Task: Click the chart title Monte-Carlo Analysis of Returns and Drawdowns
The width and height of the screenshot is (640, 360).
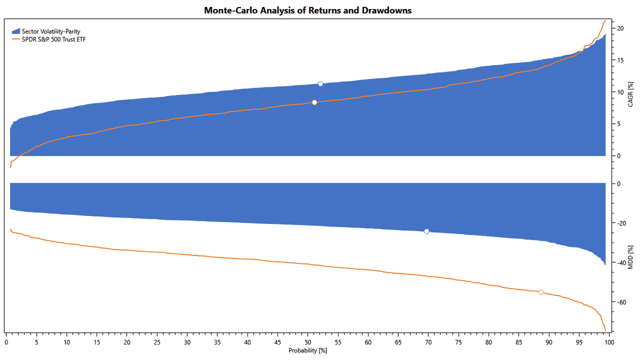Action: tap(308, 10)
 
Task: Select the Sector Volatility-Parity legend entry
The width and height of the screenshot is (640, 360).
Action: tap(51, 31)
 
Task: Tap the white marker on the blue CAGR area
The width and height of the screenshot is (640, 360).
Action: tap(320, 84)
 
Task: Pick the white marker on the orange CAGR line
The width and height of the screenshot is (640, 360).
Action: tap(314, 102)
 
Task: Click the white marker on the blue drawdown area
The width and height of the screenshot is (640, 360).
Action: tap(426, 231)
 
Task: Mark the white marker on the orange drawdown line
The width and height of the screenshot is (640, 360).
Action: tap(541, 292)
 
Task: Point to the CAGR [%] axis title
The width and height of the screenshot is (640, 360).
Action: tap(631, 94)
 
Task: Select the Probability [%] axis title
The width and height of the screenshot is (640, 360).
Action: tap(308, 350)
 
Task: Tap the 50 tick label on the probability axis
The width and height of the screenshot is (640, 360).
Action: tap(308, 342)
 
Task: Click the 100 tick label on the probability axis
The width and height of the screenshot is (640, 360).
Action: tap(609, 342)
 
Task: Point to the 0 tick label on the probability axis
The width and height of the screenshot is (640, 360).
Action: tap(6, 342)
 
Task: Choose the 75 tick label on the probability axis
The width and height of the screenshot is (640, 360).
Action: tap(459, 342)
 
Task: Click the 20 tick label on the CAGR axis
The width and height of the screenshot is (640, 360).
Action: tap(621, 28)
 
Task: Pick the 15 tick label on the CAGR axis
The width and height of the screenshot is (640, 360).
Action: tap(621, 60)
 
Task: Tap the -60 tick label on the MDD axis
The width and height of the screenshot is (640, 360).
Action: tap(621, 302)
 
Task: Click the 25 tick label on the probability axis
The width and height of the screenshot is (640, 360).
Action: tap(157, 342)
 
